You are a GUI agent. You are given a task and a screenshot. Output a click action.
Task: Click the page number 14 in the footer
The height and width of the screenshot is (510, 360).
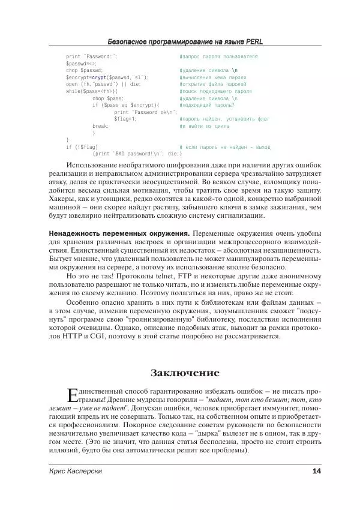coord(317,472)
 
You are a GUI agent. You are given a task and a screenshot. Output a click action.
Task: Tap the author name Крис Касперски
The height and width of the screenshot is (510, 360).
coord(76,472)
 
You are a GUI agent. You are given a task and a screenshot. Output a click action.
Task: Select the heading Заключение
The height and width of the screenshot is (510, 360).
coord(185,374)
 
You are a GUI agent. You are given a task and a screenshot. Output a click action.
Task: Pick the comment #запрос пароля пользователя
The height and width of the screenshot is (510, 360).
coord(218,56)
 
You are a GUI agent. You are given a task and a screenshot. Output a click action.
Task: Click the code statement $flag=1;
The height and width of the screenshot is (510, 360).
coord(125,119)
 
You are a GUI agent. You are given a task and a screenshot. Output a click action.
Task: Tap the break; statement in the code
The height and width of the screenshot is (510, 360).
coord(101,126)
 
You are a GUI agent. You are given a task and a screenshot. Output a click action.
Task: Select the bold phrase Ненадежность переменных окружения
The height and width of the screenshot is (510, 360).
coord(118,233)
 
